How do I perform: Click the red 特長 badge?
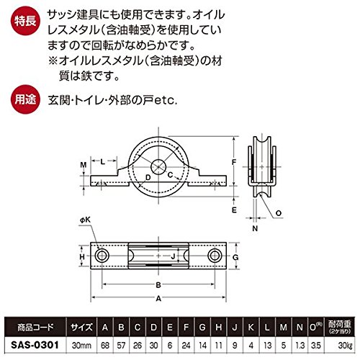(25, 21)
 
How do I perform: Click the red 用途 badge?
(25, 99)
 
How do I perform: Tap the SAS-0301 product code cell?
(35, 345)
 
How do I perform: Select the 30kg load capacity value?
(345, 346)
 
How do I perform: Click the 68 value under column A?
(105, 346)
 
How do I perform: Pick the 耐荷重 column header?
(340, 327)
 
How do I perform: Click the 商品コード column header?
(35, 327)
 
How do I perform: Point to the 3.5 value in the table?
(315, 346)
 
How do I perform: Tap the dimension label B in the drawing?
(158, 285)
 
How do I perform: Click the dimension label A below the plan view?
(158, 298)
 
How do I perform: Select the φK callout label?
(85, 220)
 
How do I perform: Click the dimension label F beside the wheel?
(234, 162)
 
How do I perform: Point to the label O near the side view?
(279, 213)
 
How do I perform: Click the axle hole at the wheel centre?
(158, 167)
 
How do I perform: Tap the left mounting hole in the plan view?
(102, 256)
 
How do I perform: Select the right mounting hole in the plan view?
(215, 256)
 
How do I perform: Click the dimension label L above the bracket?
(103, 161)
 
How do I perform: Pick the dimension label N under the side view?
(255, 228)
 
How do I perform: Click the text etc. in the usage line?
(166, 100)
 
